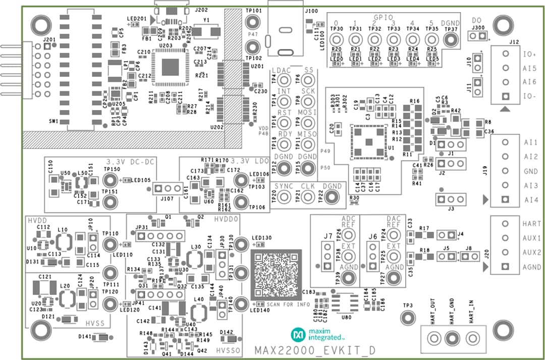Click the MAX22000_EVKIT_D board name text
[315, 350]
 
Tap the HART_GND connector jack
[453, 337]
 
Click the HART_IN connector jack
[472, 337]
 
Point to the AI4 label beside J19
[531, 200]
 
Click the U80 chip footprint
[345, 302]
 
